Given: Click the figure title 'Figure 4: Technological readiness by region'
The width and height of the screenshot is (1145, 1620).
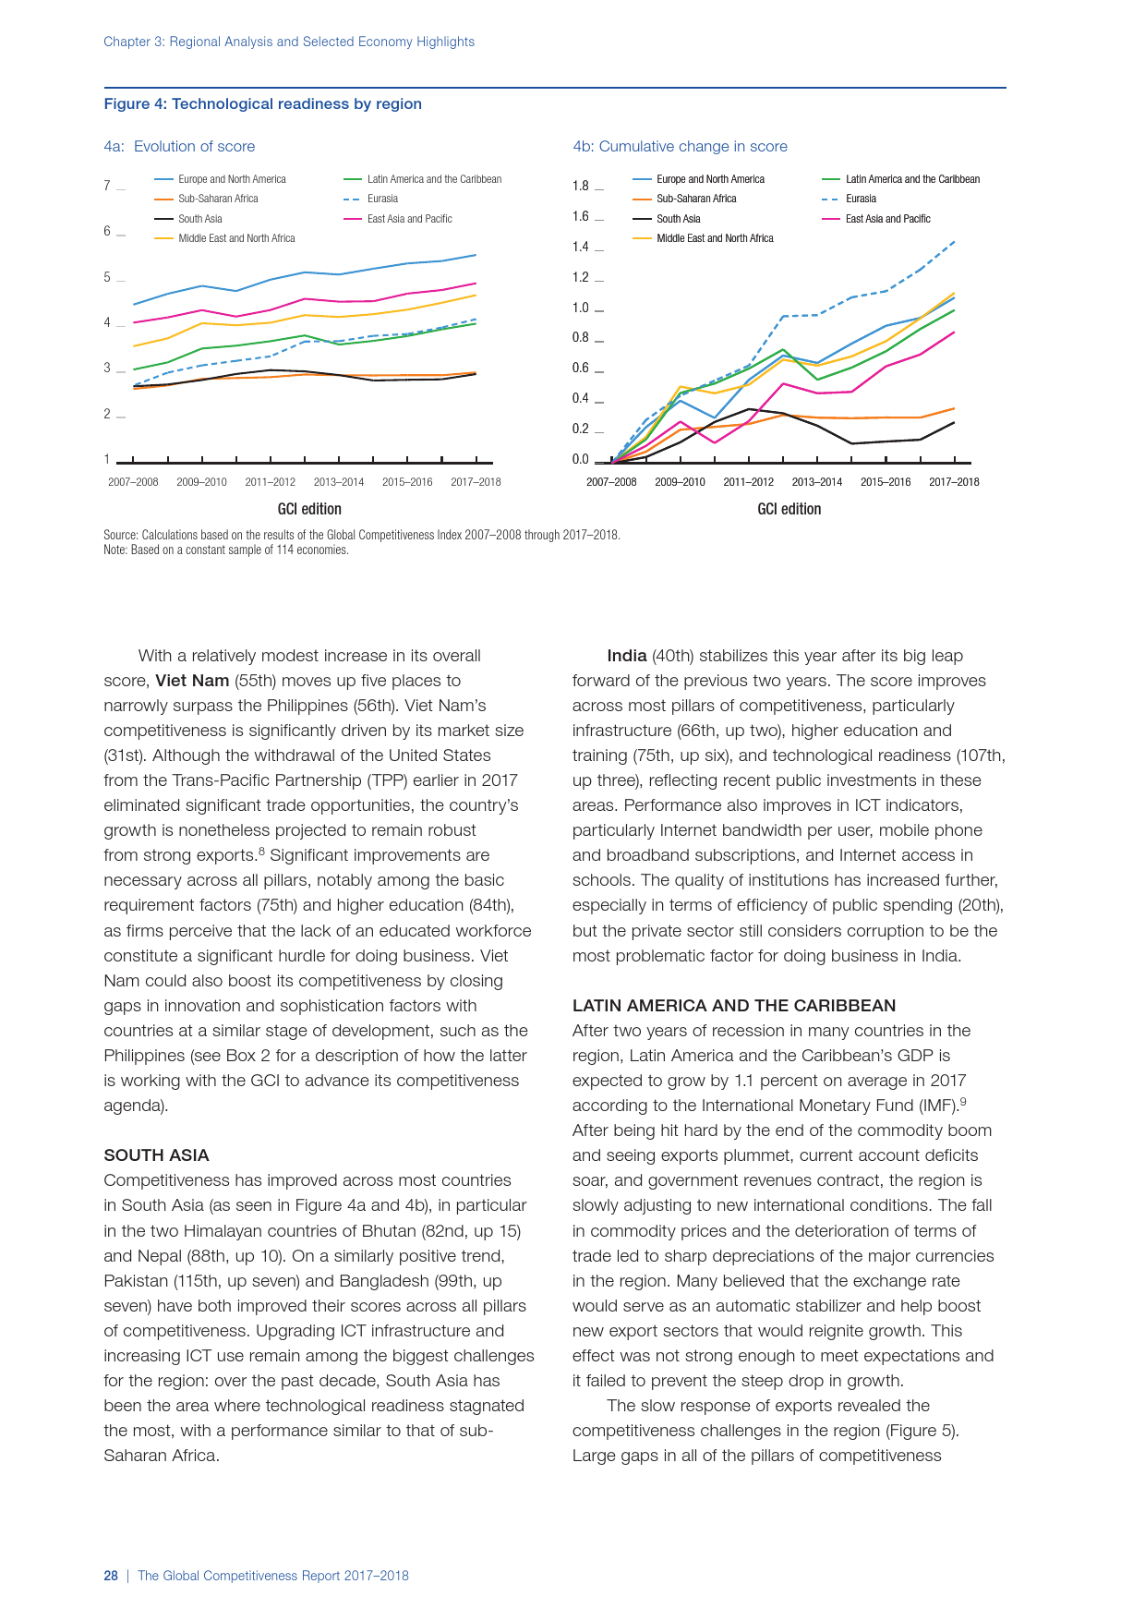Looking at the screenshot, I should (x=262, y=104).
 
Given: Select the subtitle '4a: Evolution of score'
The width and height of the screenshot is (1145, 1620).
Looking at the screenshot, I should (x=179, y=147).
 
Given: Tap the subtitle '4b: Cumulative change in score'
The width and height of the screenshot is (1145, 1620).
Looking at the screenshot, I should (x=680, y=147).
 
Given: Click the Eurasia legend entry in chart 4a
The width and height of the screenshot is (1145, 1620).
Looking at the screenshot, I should (x=381, y=199).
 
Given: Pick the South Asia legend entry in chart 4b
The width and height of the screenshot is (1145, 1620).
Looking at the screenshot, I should (x=678, y=219).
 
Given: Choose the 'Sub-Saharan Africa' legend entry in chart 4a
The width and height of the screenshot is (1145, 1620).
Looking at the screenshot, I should (x=218, y=199).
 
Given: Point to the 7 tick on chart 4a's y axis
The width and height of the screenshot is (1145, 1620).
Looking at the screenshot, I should (x=107, y=186).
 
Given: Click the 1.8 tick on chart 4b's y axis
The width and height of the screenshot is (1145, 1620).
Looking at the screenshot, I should (x=580, y=186).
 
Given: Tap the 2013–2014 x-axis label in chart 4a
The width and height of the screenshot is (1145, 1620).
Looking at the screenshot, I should (x=339, y=482).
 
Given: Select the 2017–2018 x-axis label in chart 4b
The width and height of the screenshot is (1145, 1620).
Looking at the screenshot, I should (x=954, y=482).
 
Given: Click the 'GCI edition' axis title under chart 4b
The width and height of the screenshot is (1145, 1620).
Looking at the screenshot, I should (x=789, y=509).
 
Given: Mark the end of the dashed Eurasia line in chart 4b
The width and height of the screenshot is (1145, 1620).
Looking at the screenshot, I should (x=954, y=241).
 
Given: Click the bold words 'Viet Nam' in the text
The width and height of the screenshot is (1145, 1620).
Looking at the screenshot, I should (x=192, y=681).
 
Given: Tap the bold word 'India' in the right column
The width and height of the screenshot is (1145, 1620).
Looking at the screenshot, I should (x=626, y=656).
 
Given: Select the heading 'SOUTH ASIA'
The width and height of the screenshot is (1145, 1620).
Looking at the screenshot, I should (x=156, y=1155).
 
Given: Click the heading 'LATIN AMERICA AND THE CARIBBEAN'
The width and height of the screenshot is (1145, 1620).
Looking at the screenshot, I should (x=734, y=1006).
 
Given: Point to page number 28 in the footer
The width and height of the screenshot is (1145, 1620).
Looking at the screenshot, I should (x=111, y=1576).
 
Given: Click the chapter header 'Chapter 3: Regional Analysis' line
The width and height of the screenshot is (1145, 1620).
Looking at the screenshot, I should (x=289, y=42).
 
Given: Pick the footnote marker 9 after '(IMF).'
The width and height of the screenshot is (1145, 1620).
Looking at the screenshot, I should (x=963, y=1102).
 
